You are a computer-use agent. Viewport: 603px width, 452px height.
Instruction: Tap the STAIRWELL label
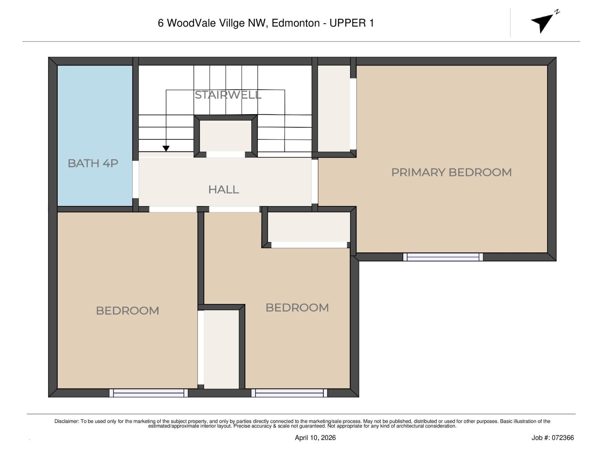pyautogui.click(x=228, y=95)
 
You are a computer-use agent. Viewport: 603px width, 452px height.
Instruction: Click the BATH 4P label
pyautogui.click(x=93, y=163)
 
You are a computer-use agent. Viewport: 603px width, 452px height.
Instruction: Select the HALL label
pyautogui.click(x=223, y=189)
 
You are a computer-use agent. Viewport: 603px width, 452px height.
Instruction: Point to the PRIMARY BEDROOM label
pyautogui.click(x=451, y=173)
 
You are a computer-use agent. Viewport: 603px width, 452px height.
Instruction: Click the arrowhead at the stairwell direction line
pyautogui.click(x=166, y=148)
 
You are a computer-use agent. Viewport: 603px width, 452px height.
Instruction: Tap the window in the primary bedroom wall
pyautogui.click(x=443, y=257)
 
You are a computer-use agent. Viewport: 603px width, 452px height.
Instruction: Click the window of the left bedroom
pyautogui.click(x=148, y=393)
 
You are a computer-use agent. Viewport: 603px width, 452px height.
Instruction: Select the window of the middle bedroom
pyautogui.click(x=289, y=393)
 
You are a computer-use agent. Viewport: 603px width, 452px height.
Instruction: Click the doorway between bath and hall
pyautogui.click(x=136, y=179)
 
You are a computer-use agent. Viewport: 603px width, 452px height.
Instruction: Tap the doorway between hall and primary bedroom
pyautogui.click(x=315, y=182)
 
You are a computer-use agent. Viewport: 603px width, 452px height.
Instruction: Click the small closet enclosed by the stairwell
pyautogui.click(x=225, y=136)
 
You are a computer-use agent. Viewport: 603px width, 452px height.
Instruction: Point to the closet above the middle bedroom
pyautogui.click(x=309, y=227)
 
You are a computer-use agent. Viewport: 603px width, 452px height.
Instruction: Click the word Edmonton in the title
pyautogui.click(x=295, y=23)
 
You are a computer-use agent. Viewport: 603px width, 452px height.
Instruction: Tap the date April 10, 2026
pyautogui.click(x=315, y=438)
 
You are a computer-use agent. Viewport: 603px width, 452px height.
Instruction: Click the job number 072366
pyautogui.click(x=563, y=438)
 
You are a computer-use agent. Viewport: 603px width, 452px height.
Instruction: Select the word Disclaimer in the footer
pyautogui.click(x=66, y=421)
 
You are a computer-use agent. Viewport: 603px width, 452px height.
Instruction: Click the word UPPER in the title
pyautogui.click(x=347, y=23)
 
